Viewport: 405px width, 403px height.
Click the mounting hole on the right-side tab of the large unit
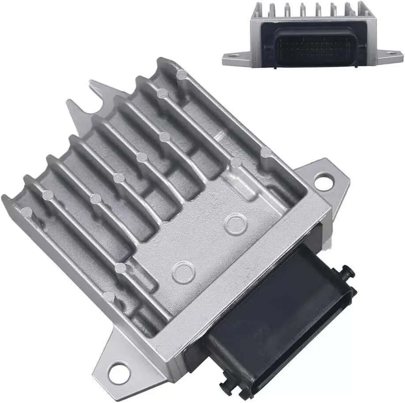324,181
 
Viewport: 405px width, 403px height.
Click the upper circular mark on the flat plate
235,224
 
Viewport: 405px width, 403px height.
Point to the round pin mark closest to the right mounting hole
265,153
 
